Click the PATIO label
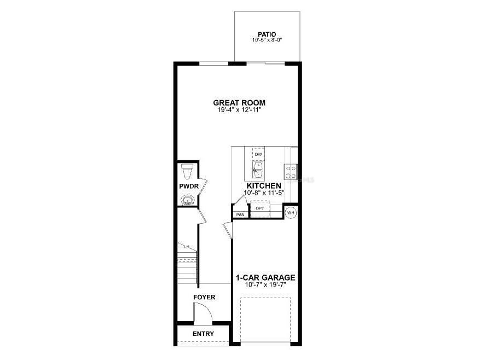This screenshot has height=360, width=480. coord(267,34)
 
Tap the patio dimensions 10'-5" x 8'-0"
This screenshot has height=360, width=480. coord(267,40)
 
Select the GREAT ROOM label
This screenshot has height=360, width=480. coord(239,103)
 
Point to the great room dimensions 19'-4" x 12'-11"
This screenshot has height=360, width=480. coord(239,110)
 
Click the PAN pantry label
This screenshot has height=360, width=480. coord(240,214)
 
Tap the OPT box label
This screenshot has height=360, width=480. coord(260,208)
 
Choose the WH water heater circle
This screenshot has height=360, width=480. coord(291,212)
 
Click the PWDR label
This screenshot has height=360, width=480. coord(188,187)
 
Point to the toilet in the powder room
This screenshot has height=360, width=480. coord(187,171)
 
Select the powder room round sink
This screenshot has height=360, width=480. coord(187,200)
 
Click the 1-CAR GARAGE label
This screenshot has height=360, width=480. coord(265,277)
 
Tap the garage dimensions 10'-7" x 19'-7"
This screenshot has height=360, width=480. coord(265,284)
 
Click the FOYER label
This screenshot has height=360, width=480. coord(204,297)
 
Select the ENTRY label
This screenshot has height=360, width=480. coord(203,333)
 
